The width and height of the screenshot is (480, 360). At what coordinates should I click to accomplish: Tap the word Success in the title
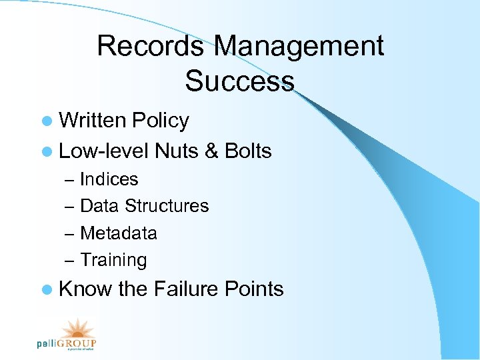tap(239, 81)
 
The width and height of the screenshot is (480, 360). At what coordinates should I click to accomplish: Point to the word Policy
tap(160, 121)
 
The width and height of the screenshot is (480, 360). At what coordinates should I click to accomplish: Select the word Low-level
tap(104, 151)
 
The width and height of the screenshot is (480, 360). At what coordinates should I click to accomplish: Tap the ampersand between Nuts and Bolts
tap(212, 151)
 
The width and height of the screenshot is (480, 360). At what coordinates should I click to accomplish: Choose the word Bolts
tap(248, 151)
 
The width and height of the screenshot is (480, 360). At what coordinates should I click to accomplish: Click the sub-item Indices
tap(109, 179)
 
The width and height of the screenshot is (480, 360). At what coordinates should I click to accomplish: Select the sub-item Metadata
tap(118, 233)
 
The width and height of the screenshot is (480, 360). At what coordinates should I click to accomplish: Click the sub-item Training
tap(113, 260)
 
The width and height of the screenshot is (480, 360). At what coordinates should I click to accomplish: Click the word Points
tap(254, 289)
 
